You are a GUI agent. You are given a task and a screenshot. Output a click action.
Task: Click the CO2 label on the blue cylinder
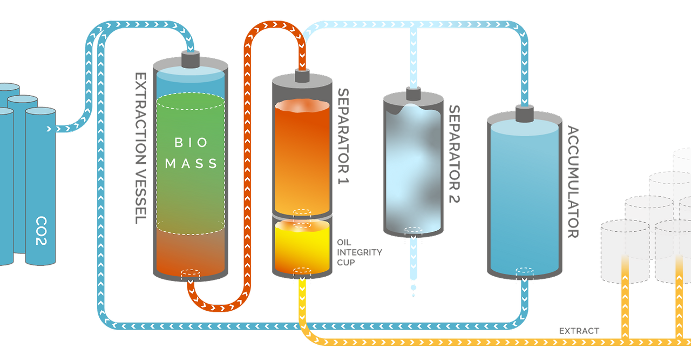40,231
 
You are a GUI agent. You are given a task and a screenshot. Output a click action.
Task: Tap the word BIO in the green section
191,143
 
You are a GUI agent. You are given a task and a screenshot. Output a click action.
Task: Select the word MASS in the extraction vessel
191,163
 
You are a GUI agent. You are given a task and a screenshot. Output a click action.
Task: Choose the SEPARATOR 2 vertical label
455,153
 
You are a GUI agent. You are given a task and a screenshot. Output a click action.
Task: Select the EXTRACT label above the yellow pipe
579,331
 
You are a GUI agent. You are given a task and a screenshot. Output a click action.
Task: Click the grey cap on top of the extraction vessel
191,59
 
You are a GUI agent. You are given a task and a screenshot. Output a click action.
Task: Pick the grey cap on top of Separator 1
301,76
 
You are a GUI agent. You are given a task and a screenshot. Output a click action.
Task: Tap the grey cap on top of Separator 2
414,95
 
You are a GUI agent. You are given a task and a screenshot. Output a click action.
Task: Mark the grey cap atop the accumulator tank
523,113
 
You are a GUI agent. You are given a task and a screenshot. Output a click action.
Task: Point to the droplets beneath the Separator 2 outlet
414,289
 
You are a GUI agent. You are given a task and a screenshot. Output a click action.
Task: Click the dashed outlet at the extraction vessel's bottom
190,274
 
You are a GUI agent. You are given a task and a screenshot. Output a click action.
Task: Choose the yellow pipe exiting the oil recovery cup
301,303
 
